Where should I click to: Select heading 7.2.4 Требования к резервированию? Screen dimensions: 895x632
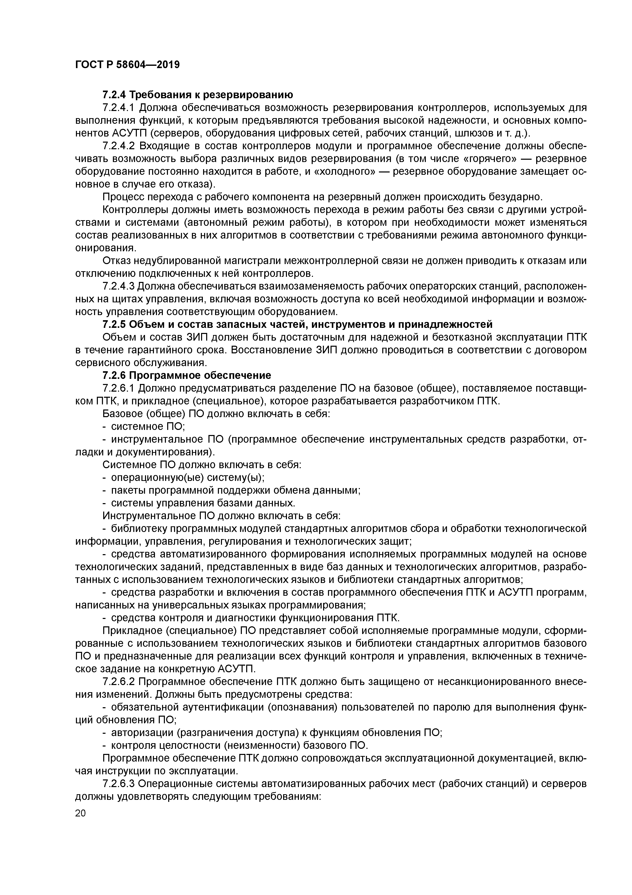(x=197, y=95)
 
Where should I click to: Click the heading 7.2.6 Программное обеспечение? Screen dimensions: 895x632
(x=187, y=375)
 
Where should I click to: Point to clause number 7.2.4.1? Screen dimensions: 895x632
(x=118, y=108)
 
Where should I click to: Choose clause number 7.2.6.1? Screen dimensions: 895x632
(x=118, y=388)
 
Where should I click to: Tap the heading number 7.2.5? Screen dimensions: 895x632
(x=114, y=324)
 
